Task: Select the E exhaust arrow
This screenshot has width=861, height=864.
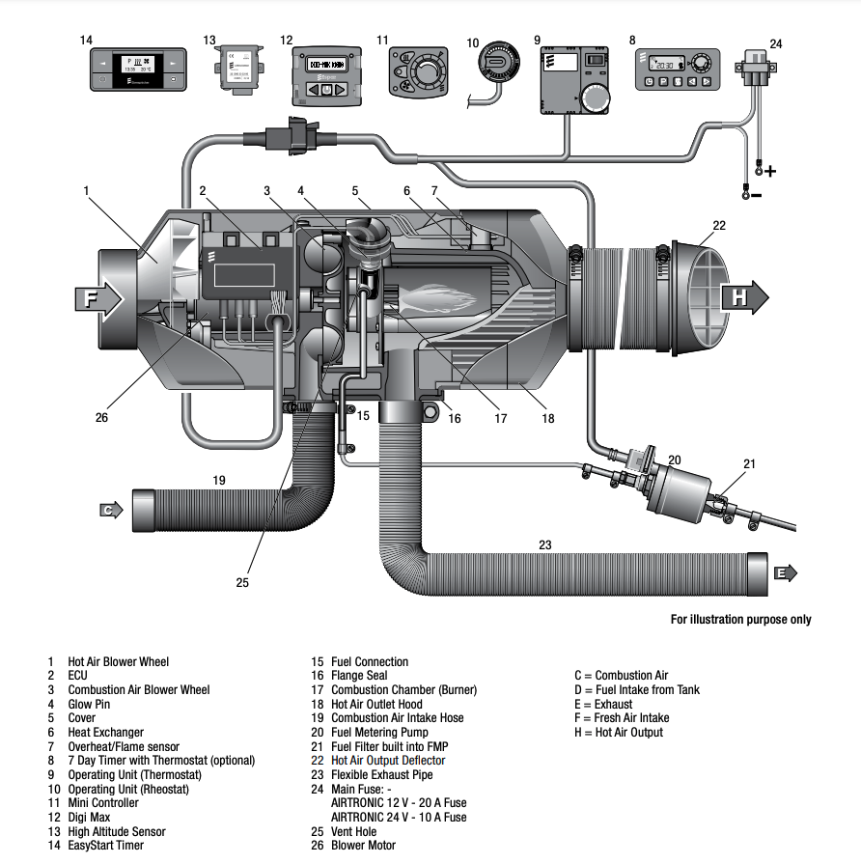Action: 786,572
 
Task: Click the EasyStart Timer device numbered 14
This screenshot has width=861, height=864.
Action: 135,71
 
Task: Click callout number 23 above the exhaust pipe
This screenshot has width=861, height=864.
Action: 545,544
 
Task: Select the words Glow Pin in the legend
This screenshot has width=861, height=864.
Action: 88,704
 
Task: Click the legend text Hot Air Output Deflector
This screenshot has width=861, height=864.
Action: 387,761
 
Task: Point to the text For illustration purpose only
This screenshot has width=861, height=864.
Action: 740,619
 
